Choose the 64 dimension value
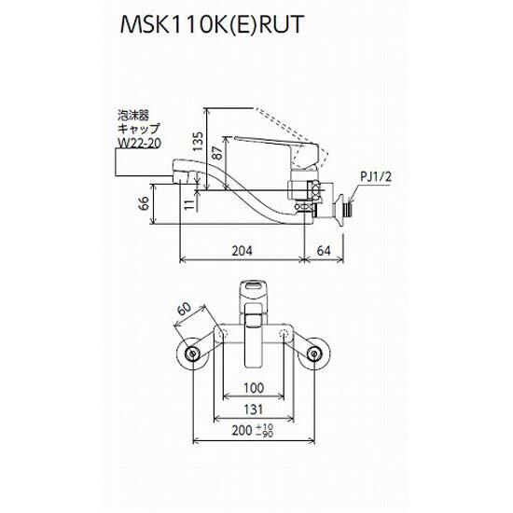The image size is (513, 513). [323, 250]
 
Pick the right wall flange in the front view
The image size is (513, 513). [317, 354]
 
